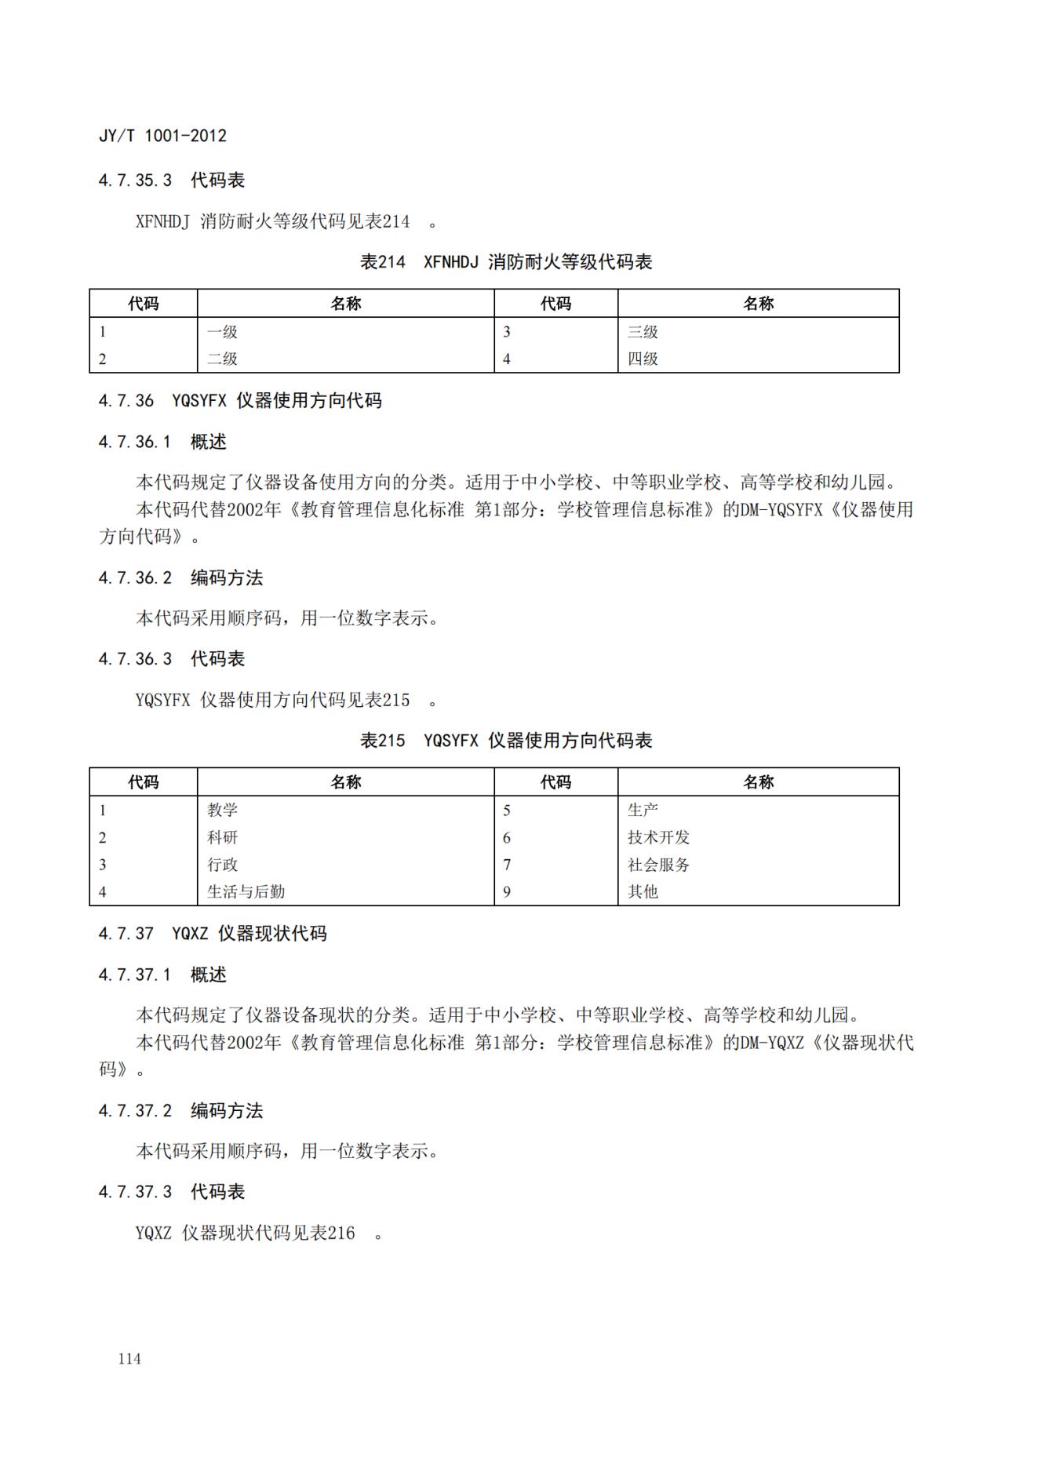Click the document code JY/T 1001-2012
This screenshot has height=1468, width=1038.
pos(162,136)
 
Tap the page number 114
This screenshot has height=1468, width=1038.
pos(129,1359)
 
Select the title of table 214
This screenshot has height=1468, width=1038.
pos(506,262)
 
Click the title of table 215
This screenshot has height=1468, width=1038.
pos(506,741)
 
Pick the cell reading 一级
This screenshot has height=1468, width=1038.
pos(222,332)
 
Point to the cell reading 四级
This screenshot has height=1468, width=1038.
pos(643,359)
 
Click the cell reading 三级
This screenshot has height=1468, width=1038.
pos(643,332)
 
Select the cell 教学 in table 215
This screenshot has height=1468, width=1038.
pos(222,810)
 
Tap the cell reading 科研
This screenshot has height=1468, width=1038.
pos(222,838)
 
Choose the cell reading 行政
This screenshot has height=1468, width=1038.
pos(222,865)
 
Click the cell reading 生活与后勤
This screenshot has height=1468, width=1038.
pos(246,892)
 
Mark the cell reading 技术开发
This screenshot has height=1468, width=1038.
pos(658,838)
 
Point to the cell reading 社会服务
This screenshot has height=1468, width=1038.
pos(658,865)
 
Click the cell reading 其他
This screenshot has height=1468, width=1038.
pos(643,892)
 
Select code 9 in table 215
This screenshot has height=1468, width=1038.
pos(507,892)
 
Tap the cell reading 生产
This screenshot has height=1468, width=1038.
pos(643,810)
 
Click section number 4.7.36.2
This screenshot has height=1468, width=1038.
pos(135,578)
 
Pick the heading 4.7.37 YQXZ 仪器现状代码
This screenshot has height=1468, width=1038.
pos(212,934)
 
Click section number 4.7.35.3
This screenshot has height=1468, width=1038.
pos(135,180)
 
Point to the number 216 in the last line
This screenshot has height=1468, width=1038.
pos(341,1233)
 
